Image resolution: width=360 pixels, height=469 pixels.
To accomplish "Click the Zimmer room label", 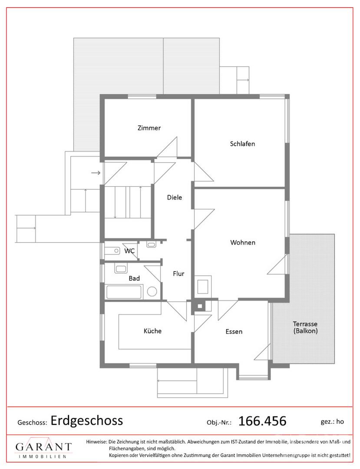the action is tap(149, 128).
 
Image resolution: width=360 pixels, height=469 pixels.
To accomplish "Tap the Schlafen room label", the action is tap(242, 144).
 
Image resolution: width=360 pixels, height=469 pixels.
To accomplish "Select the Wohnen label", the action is tap(243, 243).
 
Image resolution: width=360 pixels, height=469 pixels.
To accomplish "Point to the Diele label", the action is tap(174, 198).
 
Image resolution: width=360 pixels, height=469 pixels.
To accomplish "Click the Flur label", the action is tap(178, 274).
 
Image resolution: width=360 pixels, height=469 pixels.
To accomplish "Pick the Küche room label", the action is tap(152, 331).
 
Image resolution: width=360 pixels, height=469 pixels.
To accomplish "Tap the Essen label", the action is tap(234, 332).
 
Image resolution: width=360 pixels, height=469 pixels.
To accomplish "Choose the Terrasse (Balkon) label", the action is tap(305, 327).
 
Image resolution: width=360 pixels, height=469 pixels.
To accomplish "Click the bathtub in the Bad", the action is tap(124, 292).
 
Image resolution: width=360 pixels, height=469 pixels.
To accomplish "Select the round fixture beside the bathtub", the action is tap(152, 291).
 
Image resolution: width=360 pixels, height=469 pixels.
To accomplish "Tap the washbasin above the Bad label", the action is tap(121, 268).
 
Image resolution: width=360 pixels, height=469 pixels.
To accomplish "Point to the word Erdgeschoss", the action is tap(87, 421).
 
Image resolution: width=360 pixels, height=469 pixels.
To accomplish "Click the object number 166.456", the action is tap(262, 421).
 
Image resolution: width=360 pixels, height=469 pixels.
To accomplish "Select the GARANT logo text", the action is tap(44, 447).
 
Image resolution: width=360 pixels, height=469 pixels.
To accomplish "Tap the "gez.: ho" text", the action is tap(332, 422).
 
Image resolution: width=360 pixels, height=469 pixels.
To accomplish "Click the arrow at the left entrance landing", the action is tap(96, 173).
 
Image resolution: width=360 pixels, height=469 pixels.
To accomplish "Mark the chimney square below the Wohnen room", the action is tap(200, 306).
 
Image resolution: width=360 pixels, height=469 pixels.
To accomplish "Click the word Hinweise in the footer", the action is tap(96, 442).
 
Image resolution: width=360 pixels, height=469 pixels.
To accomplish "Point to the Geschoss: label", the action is tap(32, 423).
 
